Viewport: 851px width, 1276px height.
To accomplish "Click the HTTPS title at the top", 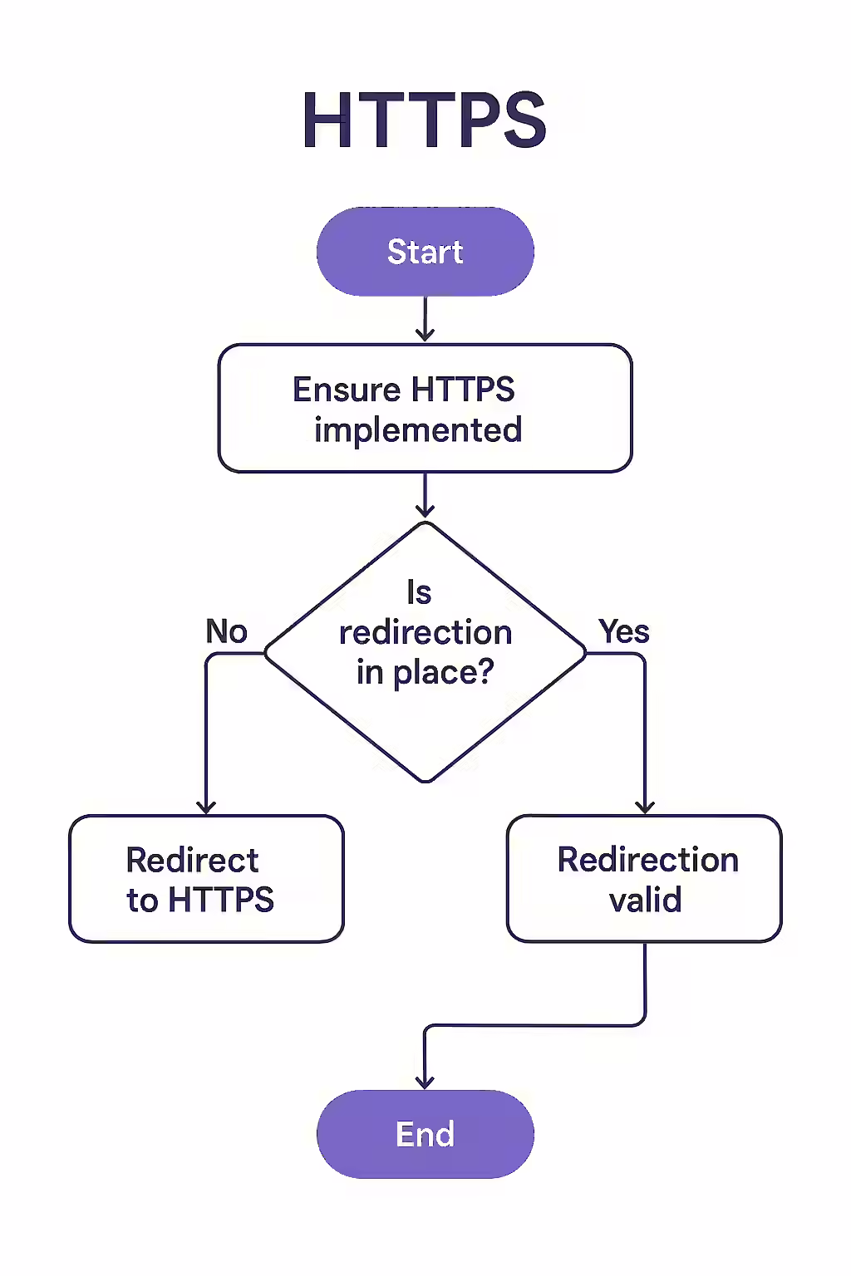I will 425,121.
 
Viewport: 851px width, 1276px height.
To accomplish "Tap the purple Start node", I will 425,252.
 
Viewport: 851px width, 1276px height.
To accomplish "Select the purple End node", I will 425,1134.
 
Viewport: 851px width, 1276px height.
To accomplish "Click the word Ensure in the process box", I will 347,390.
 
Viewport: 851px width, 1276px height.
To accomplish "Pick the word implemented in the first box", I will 418,430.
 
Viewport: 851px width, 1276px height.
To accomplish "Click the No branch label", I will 226,631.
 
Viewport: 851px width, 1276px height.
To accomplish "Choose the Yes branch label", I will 624,631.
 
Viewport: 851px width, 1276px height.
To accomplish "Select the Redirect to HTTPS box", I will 206,879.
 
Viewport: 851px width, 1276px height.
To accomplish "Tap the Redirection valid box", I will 644,879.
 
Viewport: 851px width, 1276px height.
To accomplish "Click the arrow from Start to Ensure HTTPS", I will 425,320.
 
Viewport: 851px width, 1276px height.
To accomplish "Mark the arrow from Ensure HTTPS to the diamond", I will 425,496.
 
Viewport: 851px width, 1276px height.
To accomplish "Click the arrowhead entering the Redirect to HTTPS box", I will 206,807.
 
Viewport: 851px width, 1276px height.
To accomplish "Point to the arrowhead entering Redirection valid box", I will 645,807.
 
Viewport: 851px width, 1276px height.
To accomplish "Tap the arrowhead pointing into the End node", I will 425,1082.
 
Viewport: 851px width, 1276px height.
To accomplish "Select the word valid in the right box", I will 645,900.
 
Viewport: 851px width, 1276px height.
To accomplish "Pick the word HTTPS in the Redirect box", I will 221,900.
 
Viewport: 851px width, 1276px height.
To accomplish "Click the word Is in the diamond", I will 419,592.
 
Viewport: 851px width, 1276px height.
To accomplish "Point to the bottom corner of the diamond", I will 425,781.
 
